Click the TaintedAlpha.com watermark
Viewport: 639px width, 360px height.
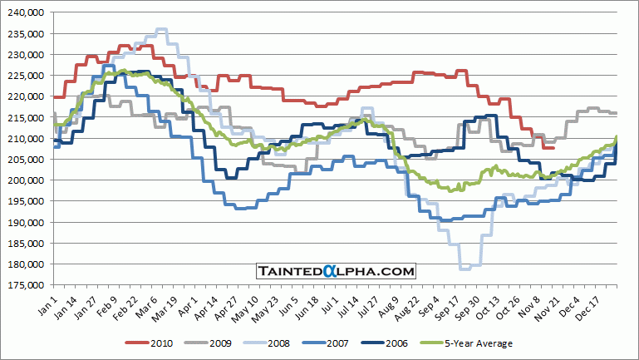click(335, 271)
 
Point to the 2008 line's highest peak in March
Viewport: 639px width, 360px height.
click(162, 29)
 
